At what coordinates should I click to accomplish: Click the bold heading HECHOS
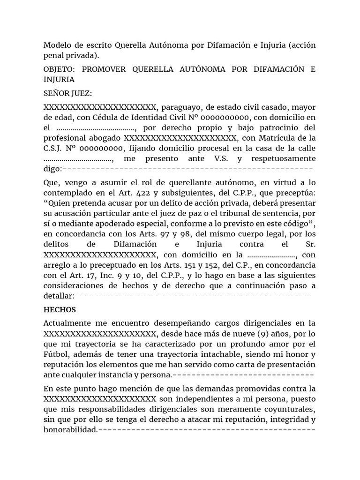point(60,310)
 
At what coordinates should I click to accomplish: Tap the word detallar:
point(59,296)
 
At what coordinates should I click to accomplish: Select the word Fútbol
point(55,354)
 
